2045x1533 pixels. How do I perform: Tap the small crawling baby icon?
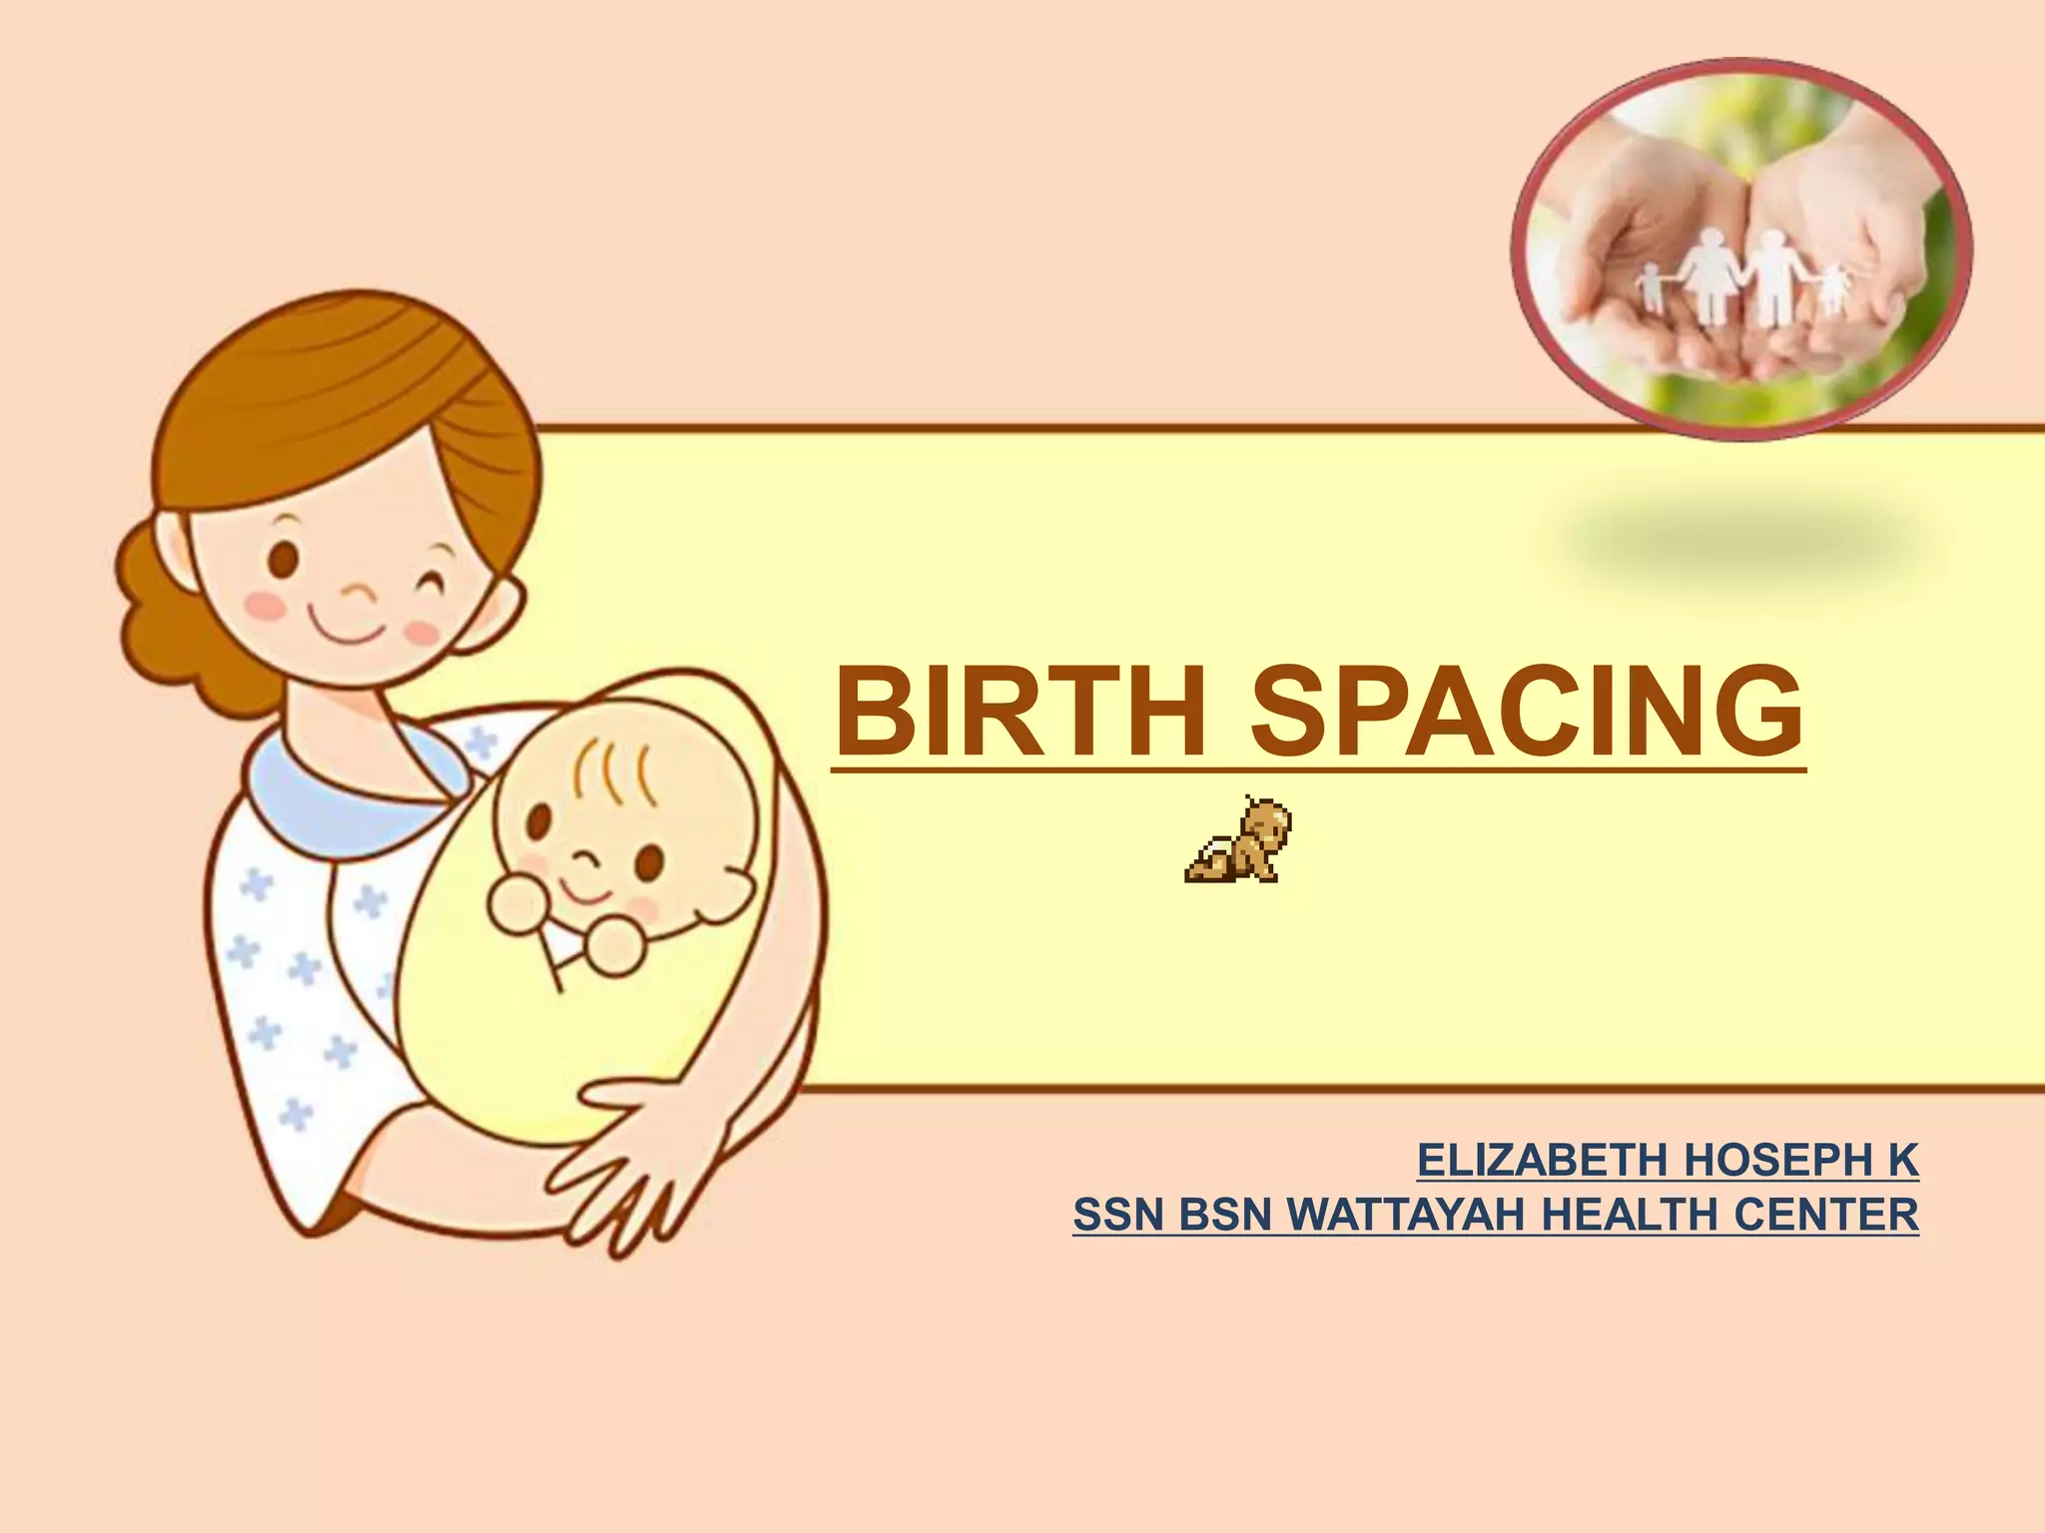click(1239, 840)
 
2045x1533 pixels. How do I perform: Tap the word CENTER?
click(1826, 1215)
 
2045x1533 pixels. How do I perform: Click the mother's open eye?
click(285, 556)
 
